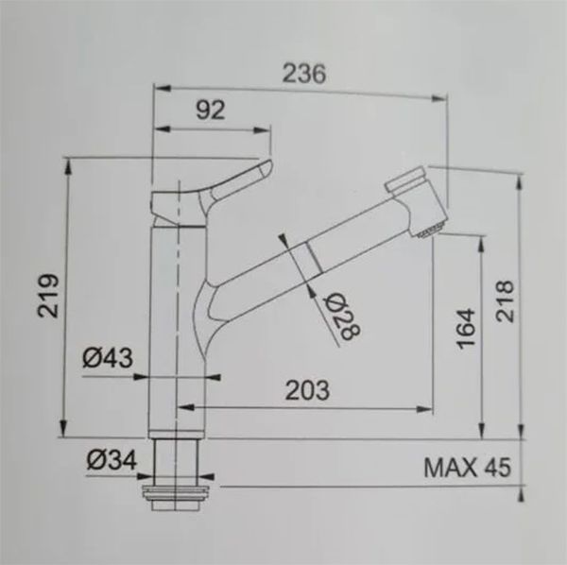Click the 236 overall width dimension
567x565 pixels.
coord(303,75)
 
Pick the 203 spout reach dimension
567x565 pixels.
coord(306,388)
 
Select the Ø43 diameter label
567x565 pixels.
coord(106,357)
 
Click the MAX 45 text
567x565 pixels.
coord(466,467)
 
